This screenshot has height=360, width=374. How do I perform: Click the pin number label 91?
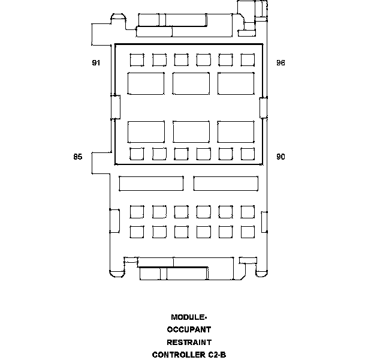pyautogui.click(x=96, y=63)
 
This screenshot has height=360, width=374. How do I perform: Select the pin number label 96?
pyautogui.click(x=280, y=63)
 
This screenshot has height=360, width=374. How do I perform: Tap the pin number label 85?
pyautogui.click(x=77, y=157)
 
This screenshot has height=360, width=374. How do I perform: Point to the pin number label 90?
pyautogui.click(x=280, y=157)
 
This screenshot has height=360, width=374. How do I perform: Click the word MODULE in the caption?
pyautogui.click(x=188, y=317)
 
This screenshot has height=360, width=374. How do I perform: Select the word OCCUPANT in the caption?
pyautogui.click(x=189, y=329)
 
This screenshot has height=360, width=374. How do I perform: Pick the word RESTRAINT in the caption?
pyautogui.click(x=189, y=342)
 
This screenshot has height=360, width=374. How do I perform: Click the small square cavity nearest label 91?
pyautogui.click(x=137, y=59)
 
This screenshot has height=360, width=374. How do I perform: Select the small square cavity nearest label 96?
pyautogui.click(x=248, y=59)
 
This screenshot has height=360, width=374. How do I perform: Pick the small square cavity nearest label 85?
pyautogui.click(x=137, y=154)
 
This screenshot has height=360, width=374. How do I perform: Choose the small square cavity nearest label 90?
pyautogui.click(x=248, y=154)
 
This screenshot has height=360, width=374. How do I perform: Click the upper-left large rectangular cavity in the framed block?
pyautogui.click(x=146, y=83)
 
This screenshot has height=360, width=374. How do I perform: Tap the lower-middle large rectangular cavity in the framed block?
pyautogui.click(x=191, y=131)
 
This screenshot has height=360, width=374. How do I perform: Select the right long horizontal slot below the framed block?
pyautogui.click(x=226, y=183)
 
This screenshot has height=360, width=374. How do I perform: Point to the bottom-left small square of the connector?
pyautogui.click(x=137, y=231)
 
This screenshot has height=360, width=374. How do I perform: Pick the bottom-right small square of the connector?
pyautogui.click(x=248, y=231)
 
